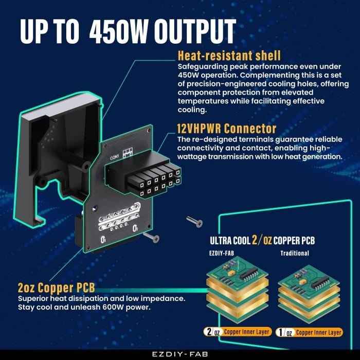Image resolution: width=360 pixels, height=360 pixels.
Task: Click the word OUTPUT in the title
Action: click(195, 31)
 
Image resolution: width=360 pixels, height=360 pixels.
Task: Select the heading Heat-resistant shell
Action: click(229, 56)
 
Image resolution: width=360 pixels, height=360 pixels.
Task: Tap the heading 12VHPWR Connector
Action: click(227, 129)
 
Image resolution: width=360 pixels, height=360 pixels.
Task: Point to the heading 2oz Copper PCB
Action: click(56, 287)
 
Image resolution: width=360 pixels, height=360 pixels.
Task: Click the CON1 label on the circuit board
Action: click(115, 157)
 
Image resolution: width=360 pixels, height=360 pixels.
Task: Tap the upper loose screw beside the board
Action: click(194, 222)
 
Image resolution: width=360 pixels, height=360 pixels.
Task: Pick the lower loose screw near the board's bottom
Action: click(151, 237)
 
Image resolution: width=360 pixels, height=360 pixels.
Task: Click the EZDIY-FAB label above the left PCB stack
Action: click(222, 253)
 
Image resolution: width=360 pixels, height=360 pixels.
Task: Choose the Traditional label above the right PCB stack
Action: click(295, 253)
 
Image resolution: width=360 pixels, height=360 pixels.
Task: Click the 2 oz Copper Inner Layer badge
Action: click(238, 332)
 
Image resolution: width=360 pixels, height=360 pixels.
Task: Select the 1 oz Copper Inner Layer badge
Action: click(309, 332)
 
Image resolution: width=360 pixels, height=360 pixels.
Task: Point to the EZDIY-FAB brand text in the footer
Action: click(180, 354)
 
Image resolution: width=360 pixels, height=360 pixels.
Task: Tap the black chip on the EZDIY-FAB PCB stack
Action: click(248, 274)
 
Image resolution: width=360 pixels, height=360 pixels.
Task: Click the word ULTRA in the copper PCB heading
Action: click(221, 241)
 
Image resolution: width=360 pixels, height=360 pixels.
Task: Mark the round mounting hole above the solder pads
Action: click(95, 209)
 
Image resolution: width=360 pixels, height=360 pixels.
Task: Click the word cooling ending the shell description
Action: click(192, 110)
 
